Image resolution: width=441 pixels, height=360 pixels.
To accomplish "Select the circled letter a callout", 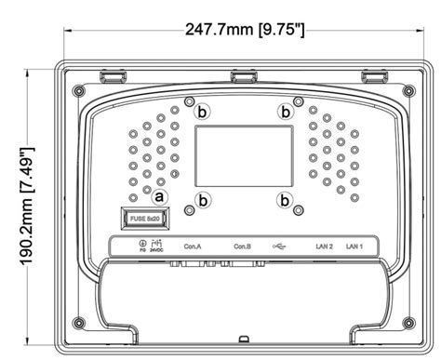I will coord(159,196).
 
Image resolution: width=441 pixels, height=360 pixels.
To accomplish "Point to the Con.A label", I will coord(193,247).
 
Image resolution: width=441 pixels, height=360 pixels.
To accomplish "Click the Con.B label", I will coord(243,247).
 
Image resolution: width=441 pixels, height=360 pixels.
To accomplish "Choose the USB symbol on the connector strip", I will coord(282,247).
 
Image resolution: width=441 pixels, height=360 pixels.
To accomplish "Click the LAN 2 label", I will coord(324,247).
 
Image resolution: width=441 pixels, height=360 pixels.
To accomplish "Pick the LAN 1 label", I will coord(354,247).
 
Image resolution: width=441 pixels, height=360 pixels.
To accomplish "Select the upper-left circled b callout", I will coord(203,110).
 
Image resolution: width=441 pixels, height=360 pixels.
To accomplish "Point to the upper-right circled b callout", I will coord(286,111).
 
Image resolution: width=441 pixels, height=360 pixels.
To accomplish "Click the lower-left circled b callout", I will coord(203,198).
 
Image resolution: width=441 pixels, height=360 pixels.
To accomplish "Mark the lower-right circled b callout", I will coord(286,198).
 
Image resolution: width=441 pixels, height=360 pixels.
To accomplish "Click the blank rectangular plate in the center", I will coord(242,154).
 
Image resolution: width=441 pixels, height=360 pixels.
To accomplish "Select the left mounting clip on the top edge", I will coord(112,73).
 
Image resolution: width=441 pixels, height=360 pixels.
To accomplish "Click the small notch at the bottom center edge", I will coord(242,338).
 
